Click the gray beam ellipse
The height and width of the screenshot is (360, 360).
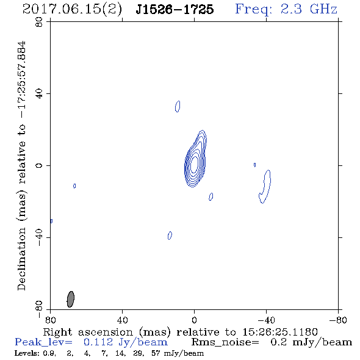(71, 299)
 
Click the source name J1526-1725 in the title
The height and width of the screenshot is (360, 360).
(175, 9)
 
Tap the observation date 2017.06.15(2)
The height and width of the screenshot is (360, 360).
(73, 10)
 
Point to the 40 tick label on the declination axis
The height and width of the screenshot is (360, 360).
(39, 94)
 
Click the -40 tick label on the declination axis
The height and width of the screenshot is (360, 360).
(39, 237)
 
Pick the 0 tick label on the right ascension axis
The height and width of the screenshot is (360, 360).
(194, 320)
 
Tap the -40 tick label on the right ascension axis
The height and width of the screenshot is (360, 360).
(266, 320)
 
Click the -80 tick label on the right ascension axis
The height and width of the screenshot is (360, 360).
(338, 320)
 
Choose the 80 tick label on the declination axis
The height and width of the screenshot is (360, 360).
(39, 22)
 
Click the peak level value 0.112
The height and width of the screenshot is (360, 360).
(98, 342)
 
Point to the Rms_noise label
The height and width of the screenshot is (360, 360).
(225, 342)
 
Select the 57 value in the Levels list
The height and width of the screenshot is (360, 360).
(156, 353)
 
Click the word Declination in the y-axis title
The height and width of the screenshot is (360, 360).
(21, 259)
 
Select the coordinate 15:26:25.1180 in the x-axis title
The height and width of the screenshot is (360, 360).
(280, 332)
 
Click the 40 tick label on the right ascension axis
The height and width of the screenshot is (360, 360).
(122, 320)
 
